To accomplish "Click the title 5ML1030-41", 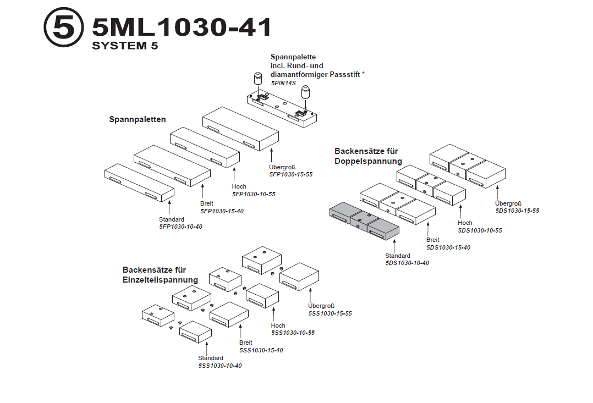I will coord(182,27).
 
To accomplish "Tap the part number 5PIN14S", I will coord(283,83).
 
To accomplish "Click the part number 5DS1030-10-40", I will coord(407,263).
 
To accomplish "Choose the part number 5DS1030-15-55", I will coord(517,211).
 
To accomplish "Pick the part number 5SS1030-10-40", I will coord(220,366).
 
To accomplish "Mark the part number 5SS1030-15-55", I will coord(330,313).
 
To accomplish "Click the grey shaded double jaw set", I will coord(364,223).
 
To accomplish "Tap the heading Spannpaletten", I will coord(138,119).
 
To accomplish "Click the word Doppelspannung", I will coord(368,161).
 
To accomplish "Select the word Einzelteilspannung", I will coord(160,280).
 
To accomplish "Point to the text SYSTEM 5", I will coord(125,46).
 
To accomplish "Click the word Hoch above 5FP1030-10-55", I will coord(239,187).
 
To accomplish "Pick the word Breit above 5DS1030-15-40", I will coord(433,240).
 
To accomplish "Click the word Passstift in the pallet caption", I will coord(343,74).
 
